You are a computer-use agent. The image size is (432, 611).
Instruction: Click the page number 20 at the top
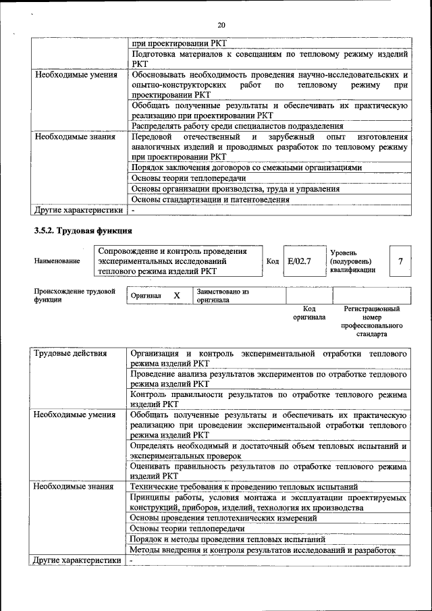[x=221, y=25]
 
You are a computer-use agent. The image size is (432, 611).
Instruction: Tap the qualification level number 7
[x=402, y=261]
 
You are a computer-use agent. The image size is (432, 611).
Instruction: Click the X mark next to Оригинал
[x=176, y=296]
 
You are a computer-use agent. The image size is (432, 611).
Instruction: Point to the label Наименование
[x=57, y=261]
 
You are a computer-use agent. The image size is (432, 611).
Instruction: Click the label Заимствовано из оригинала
[x=223, y=296]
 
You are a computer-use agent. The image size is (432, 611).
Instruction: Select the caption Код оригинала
[x=308, y=313]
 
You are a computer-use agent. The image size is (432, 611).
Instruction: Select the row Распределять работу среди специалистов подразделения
[x=237, y=126]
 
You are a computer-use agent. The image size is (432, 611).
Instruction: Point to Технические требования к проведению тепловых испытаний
[x=244, y=486]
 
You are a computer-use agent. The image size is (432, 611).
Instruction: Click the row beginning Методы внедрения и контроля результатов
[x=262, y=550]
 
